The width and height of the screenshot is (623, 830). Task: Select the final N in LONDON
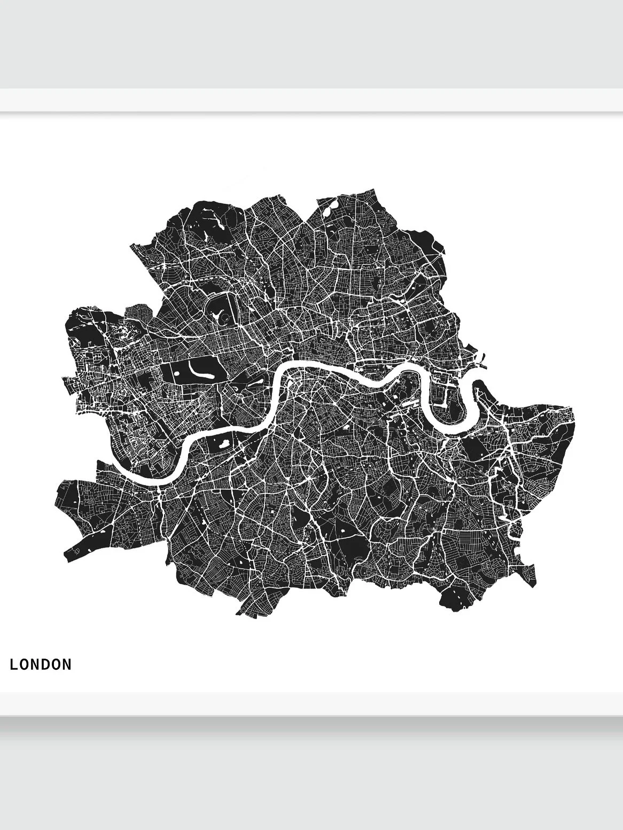point(67,664)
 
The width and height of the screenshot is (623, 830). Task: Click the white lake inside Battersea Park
point(220,441)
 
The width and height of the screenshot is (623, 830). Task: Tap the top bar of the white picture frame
point(311,100)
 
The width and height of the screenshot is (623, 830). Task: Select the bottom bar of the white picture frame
point(311,703)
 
